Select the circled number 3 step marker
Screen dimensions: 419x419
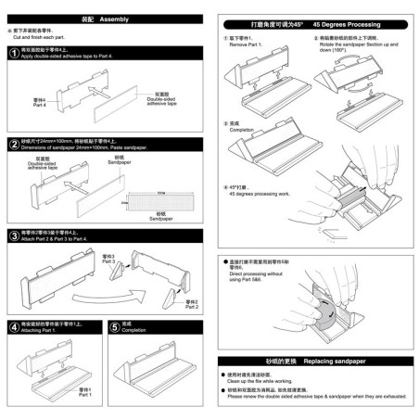(13, 235)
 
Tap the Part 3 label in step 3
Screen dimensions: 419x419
(108, 259)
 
